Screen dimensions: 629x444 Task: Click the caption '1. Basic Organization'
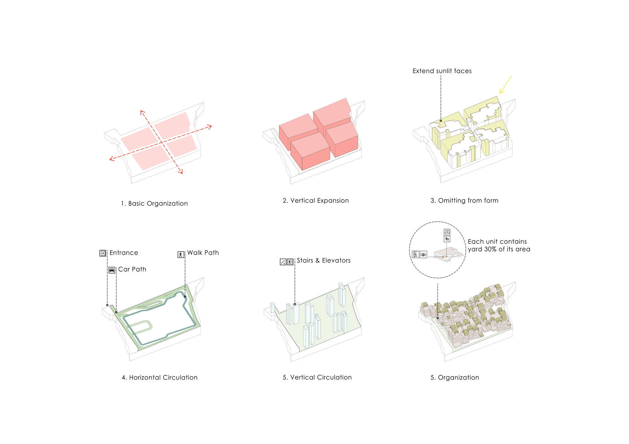pyautogui.click(x=154, y=203)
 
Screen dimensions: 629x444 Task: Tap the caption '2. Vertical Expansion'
pyautogui.click(x=316, y=201)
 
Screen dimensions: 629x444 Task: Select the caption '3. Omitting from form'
pyautogui.click(x=464, y=201)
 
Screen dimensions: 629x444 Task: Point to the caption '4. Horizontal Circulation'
pyautogui.click(x=159, y=377)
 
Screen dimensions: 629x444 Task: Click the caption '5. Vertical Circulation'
pyautogui.click(x=317, y=377)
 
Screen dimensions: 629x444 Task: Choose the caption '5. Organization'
pyautogui.click(x=455, y=378)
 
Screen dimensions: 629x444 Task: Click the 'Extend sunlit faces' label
pyautogui.click(x=442, y=71)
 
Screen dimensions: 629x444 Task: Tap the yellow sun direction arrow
pyautogui.click(x=506, y=84)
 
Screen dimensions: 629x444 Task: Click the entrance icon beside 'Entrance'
pyautogui.click(x=103, y=253)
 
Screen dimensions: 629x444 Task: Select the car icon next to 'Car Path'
pyautogui.click(x=112, y=270)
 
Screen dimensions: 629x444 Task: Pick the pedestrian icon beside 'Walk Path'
pyautogui.click(x=181, y=254)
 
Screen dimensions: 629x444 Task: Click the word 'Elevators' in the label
pyautogui.click(x=336, y=261)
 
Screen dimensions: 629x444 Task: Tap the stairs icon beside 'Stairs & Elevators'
pyautogui.click(x=283, y=262)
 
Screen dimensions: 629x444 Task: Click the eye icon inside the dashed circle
pyautogui.click(x=423, y=255)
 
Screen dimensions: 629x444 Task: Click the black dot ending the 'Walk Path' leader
pyautogui.click(x=185, y=296)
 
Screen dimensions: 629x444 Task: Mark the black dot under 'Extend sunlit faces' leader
pyautogui.click(x=441, y=121)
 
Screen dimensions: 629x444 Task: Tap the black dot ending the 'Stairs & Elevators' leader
pyautogui.click(x=295, y=304)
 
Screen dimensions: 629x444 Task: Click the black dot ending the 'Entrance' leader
pyautogui.click(x=107, y=305)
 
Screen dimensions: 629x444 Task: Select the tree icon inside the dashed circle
pyautogui.click(x=447, y=239)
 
